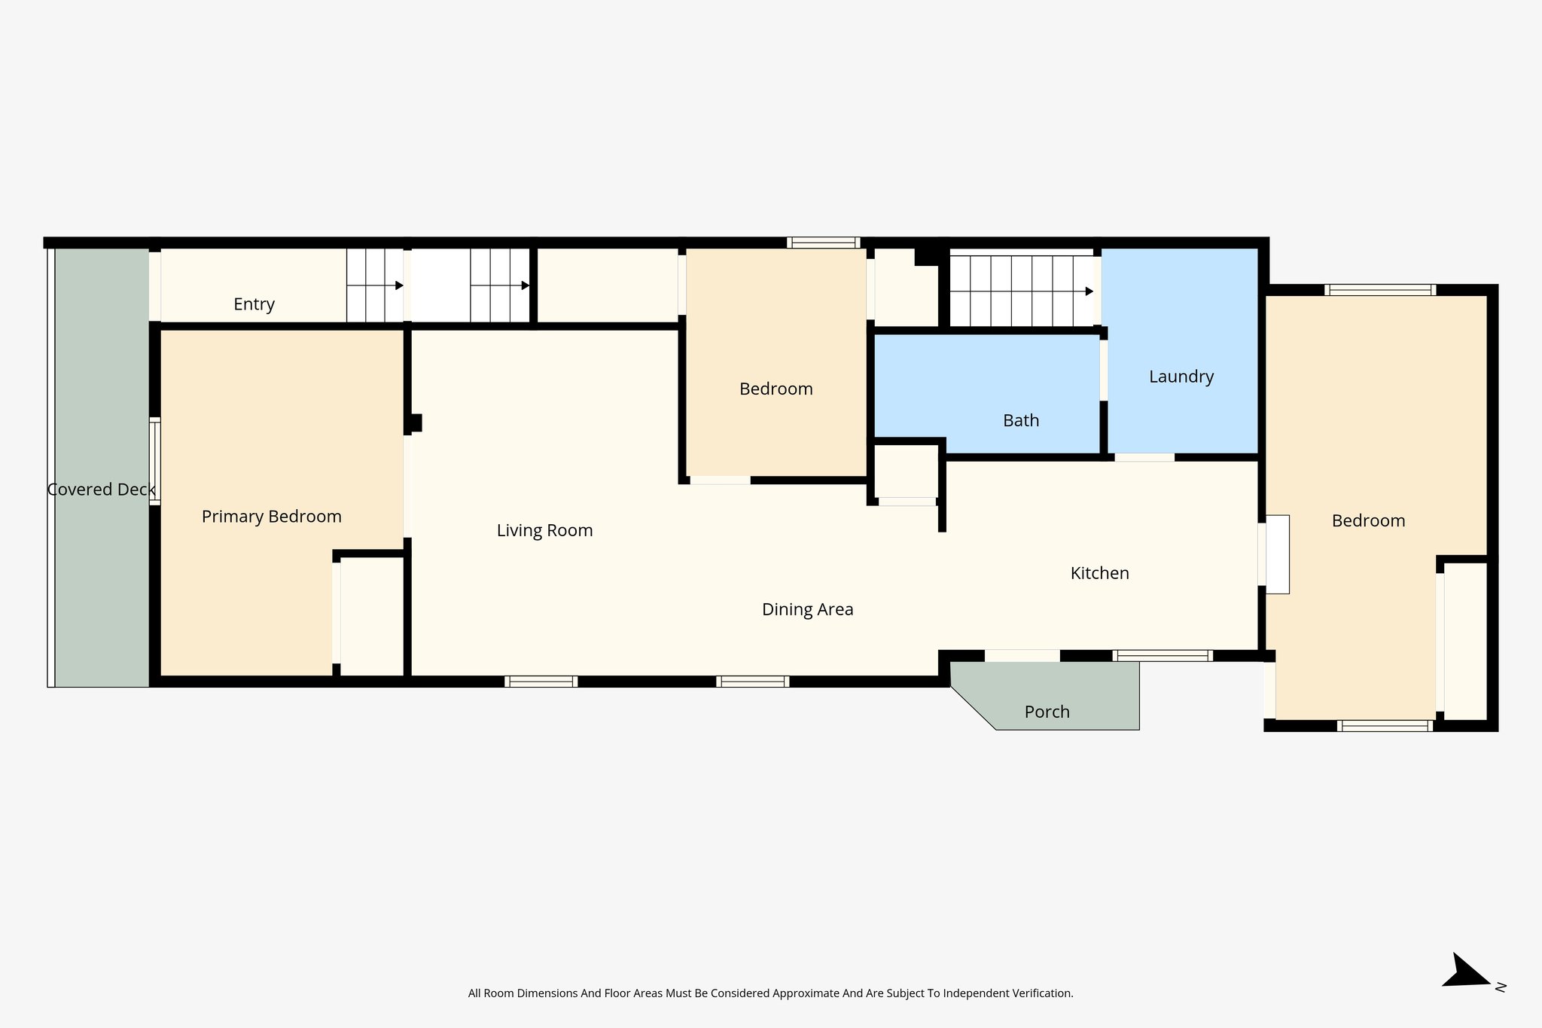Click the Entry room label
point(254,304)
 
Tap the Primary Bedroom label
point(271,517)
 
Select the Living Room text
point(544,530)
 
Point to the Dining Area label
point(807,609)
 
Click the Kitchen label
point(1099,573)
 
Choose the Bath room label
point(1020,420)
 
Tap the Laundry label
point(1181,377)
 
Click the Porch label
point(1047,712)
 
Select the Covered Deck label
point(101,490)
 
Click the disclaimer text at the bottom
point(770,993)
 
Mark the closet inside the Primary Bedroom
point(372,616)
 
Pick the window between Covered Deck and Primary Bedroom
point(154,461)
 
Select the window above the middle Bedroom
point(823,243)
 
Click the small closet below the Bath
point(906,471)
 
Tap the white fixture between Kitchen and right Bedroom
point(1277,554)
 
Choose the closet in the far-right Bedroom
point(1465,640)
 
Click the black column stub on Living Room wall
point(415,422)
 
